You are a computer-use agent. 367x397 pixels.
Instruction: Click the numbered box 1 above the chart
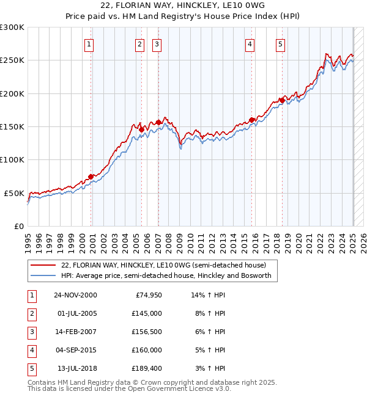tap(89, 44)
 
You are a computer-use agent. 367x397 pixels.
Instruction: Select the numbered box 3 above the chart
tap(157, 44)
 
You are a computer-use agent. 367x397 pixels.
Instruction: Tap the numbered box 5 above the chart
tap(280, 44)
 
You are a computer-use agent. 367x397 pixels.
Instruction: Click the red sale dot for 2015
tap(251, 120)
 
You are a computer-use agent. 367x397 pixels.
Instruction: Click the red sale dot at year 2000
tap(91, 177)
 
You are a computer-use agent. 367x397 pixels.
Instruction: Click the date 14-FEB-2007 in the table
tap(75, 332)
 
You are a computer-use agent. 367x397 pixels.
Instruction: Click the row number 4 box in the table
tap(31, 351)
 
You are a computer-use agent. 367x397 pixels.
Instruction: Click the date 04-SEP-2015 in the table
tap(75, 351)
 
